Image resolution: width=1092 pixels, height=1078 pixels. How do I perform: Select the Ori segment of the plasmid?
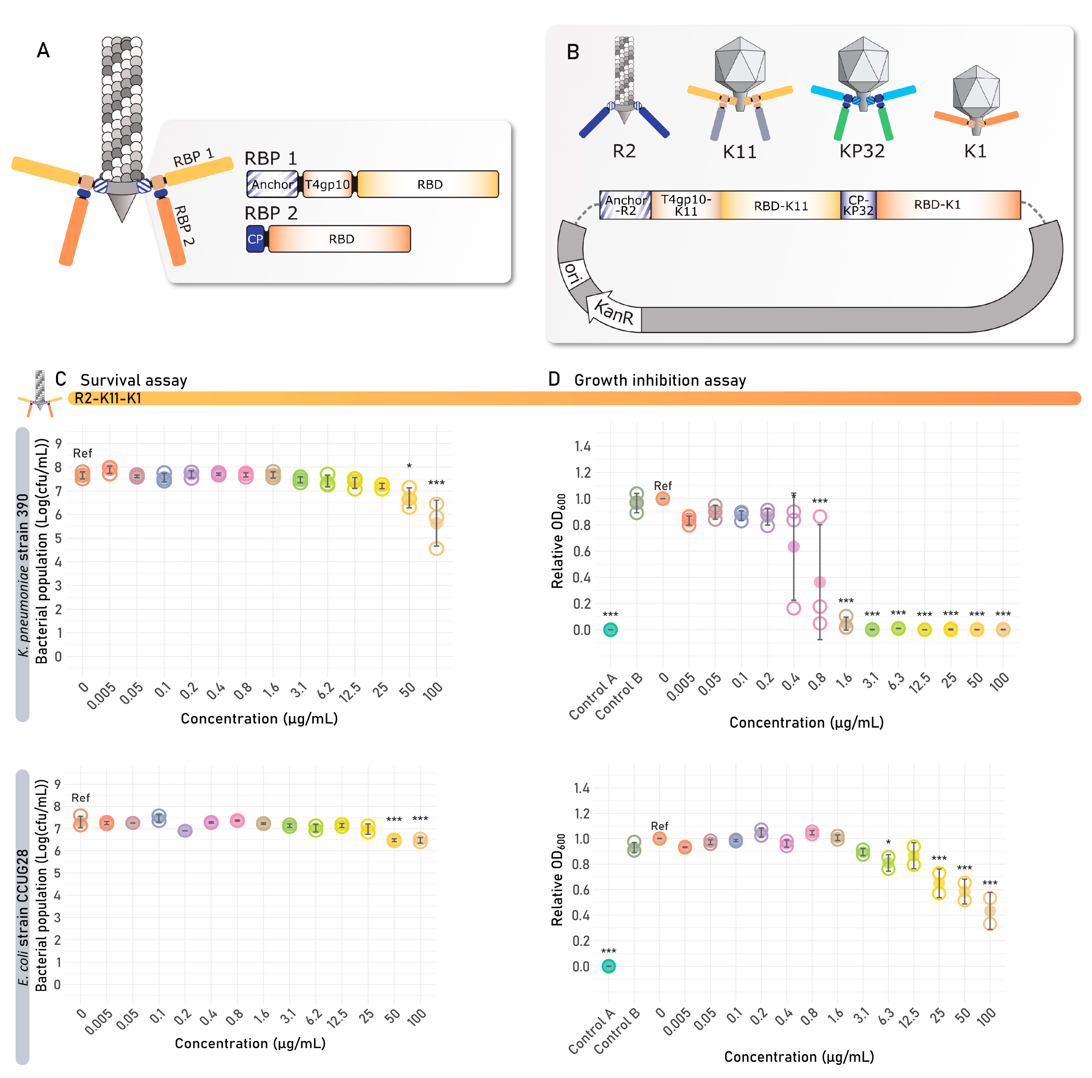coord(572,274)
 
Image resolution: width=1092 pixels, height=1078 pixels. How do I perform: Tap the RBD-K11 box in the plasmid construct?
coord(780,205)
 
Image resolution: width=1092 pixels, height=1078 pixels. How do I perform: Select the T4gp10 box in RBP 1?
coord(327,184)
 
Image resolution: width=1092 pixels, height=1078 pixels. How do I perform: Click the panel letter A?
coord(43,51)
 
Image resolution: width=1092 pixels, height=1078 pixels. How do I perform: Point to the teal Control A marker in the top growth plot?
coord(610,630)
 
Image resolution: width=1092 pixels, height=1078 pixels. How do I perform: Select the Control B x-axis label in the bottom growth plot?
coord(617,1030)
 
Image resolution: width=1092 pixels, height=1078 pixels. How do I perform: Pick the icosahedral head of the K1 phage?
coord(976,88)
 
